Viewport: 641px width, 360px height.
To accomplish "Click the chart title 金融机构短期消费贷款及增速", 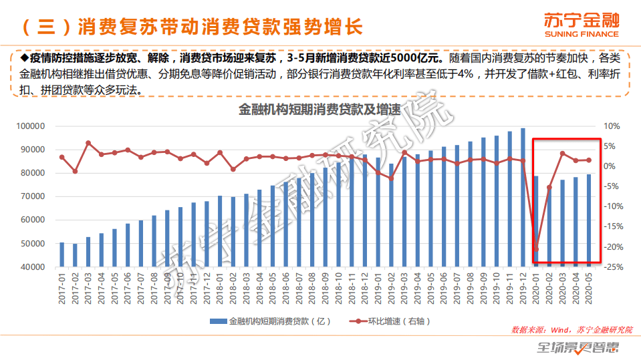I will (319, 111).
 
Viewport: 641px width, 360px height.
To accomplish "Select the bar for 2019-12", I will (523, 197).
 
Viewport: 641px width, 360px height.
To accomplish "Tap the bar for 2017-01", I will (62, 254).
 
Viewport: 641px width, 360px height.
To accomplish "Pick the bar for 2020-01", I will (535, 221).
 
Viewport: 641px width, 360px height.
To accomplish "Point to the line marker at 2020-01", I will (535, 249).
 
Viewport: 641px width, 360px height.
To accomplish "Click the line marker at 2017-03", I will (88, 143).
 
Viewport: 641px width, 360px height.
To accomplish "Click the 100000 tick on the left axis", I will (30, 126).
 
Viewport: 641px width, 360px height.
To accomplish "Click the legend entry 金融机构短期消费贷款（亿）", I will (271, 321).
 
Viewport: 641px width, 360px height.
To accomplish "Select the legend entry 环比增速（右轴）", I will (391, 321).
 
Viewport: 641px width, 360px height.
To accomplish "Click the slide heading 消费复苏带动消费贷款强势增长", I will (220, 27).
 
